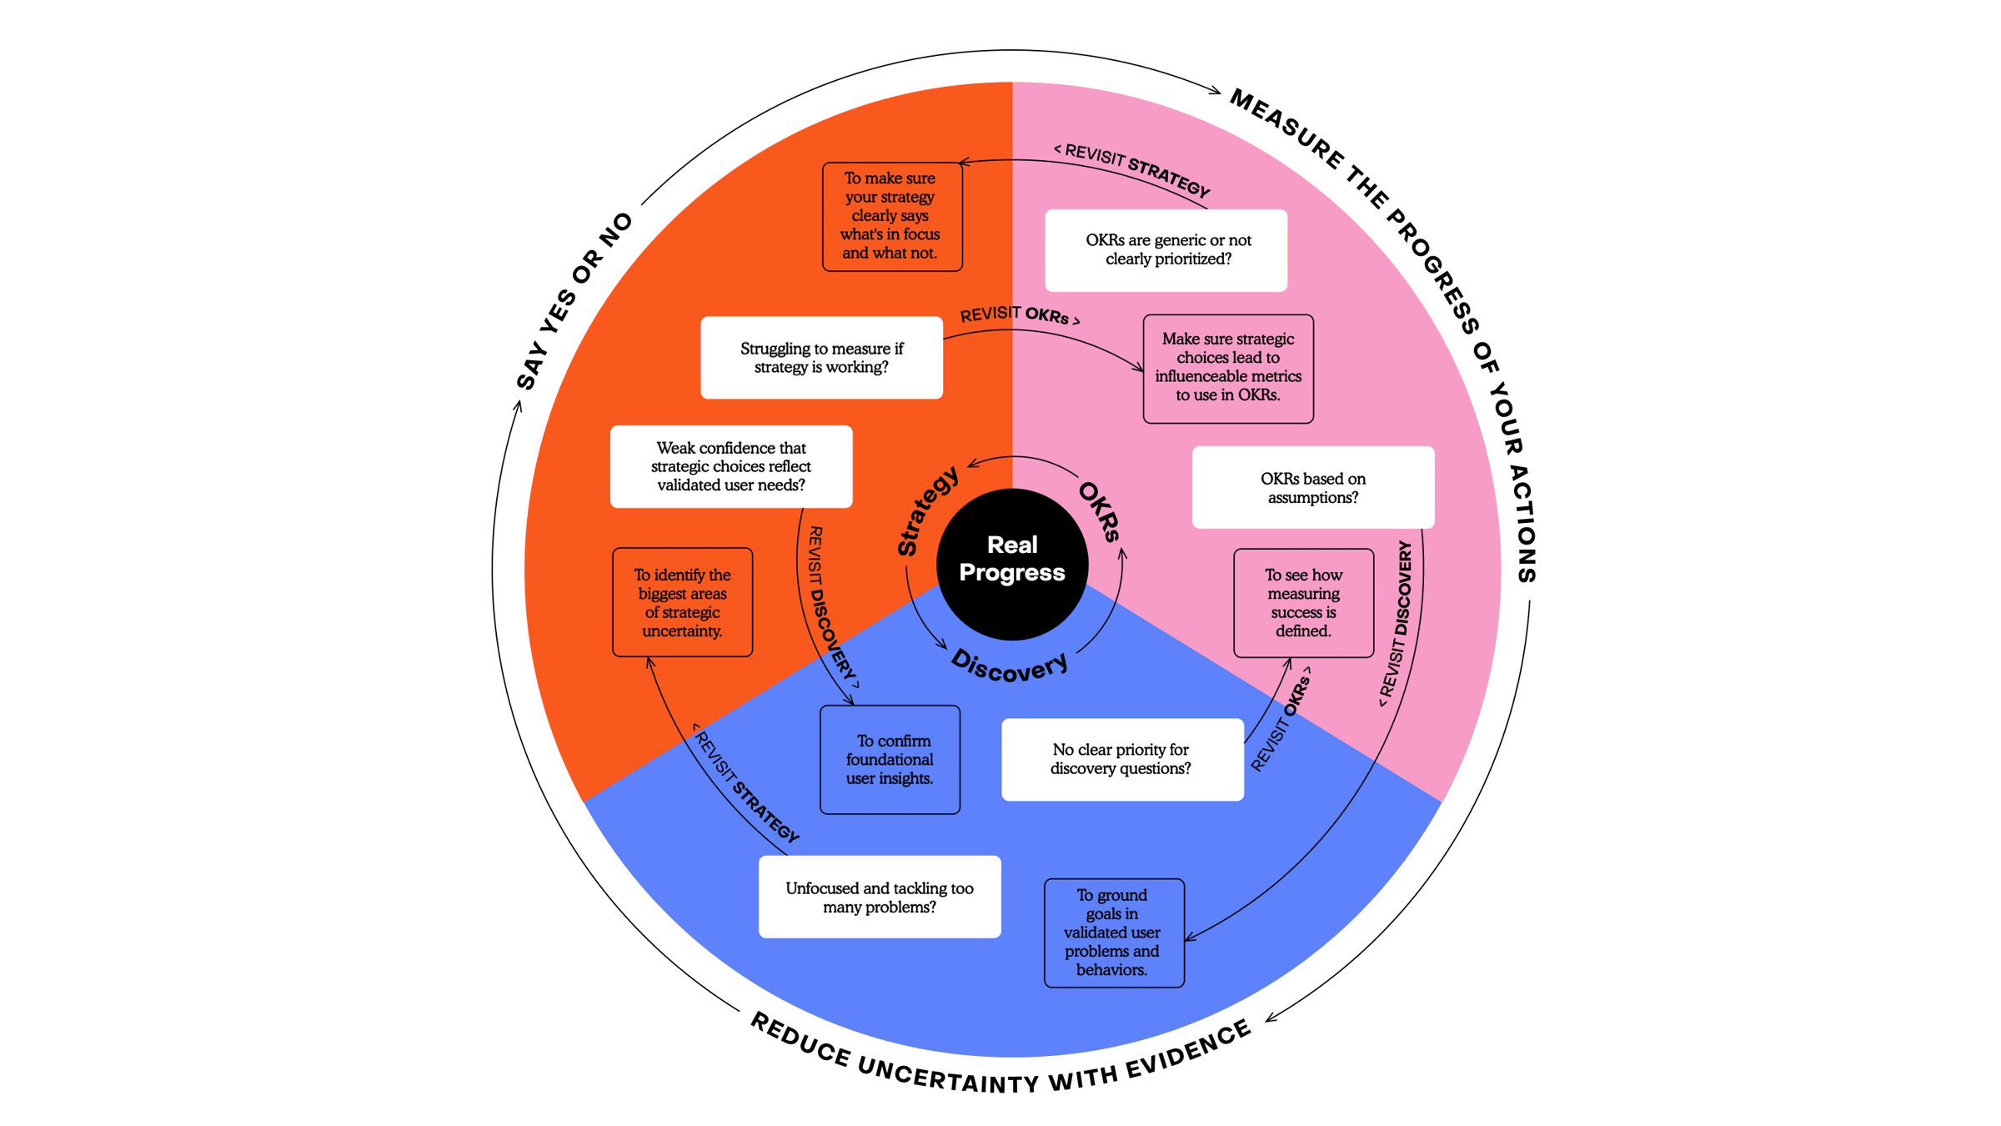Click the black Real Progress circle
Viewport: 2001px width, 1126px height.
click(1012, 564)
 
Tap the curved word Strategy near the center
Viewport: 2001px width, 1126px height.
click(926, 511)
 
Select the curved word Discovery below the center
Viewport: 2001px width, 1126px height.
click(1010, 666)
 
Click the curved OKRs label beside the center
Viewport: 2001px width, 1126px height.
click(1100, 511)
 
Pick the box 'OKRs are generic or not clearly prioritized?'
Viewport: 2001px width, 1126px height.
click(1166, 249)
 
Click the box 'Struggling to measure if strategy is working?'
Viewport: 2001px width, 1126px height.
click(821, 357)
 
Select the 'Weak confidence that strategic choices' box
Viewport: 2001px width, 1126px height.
click(731, 466)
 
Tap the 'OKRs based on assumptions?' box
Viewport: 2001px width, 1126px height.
click(1312, 487)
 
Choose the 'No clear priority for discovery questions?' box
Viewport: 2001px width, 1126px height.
click(1121, 759)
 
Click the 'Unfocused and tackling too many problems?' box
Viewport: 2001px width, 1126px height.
click(879, 897)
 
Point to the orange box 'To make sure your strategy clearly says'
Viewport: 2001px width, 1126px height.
click(891, 216)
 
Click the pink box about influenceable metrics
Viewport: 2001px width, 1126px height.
click(1228, 368)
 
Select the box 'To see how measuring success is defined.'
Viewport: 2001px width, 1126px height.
click(1303, 602)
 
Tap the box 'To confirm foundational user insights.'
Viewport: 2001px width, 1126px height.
click(890, 759)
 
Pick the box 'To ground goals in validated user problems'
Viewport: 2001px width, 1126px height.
click(1113, 932)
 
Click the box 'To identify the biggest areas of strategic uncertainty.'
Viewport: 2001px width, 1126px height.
click(682, 601)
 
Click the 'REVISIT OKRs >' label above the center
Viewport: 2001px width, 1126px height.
click(1019, 315)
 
